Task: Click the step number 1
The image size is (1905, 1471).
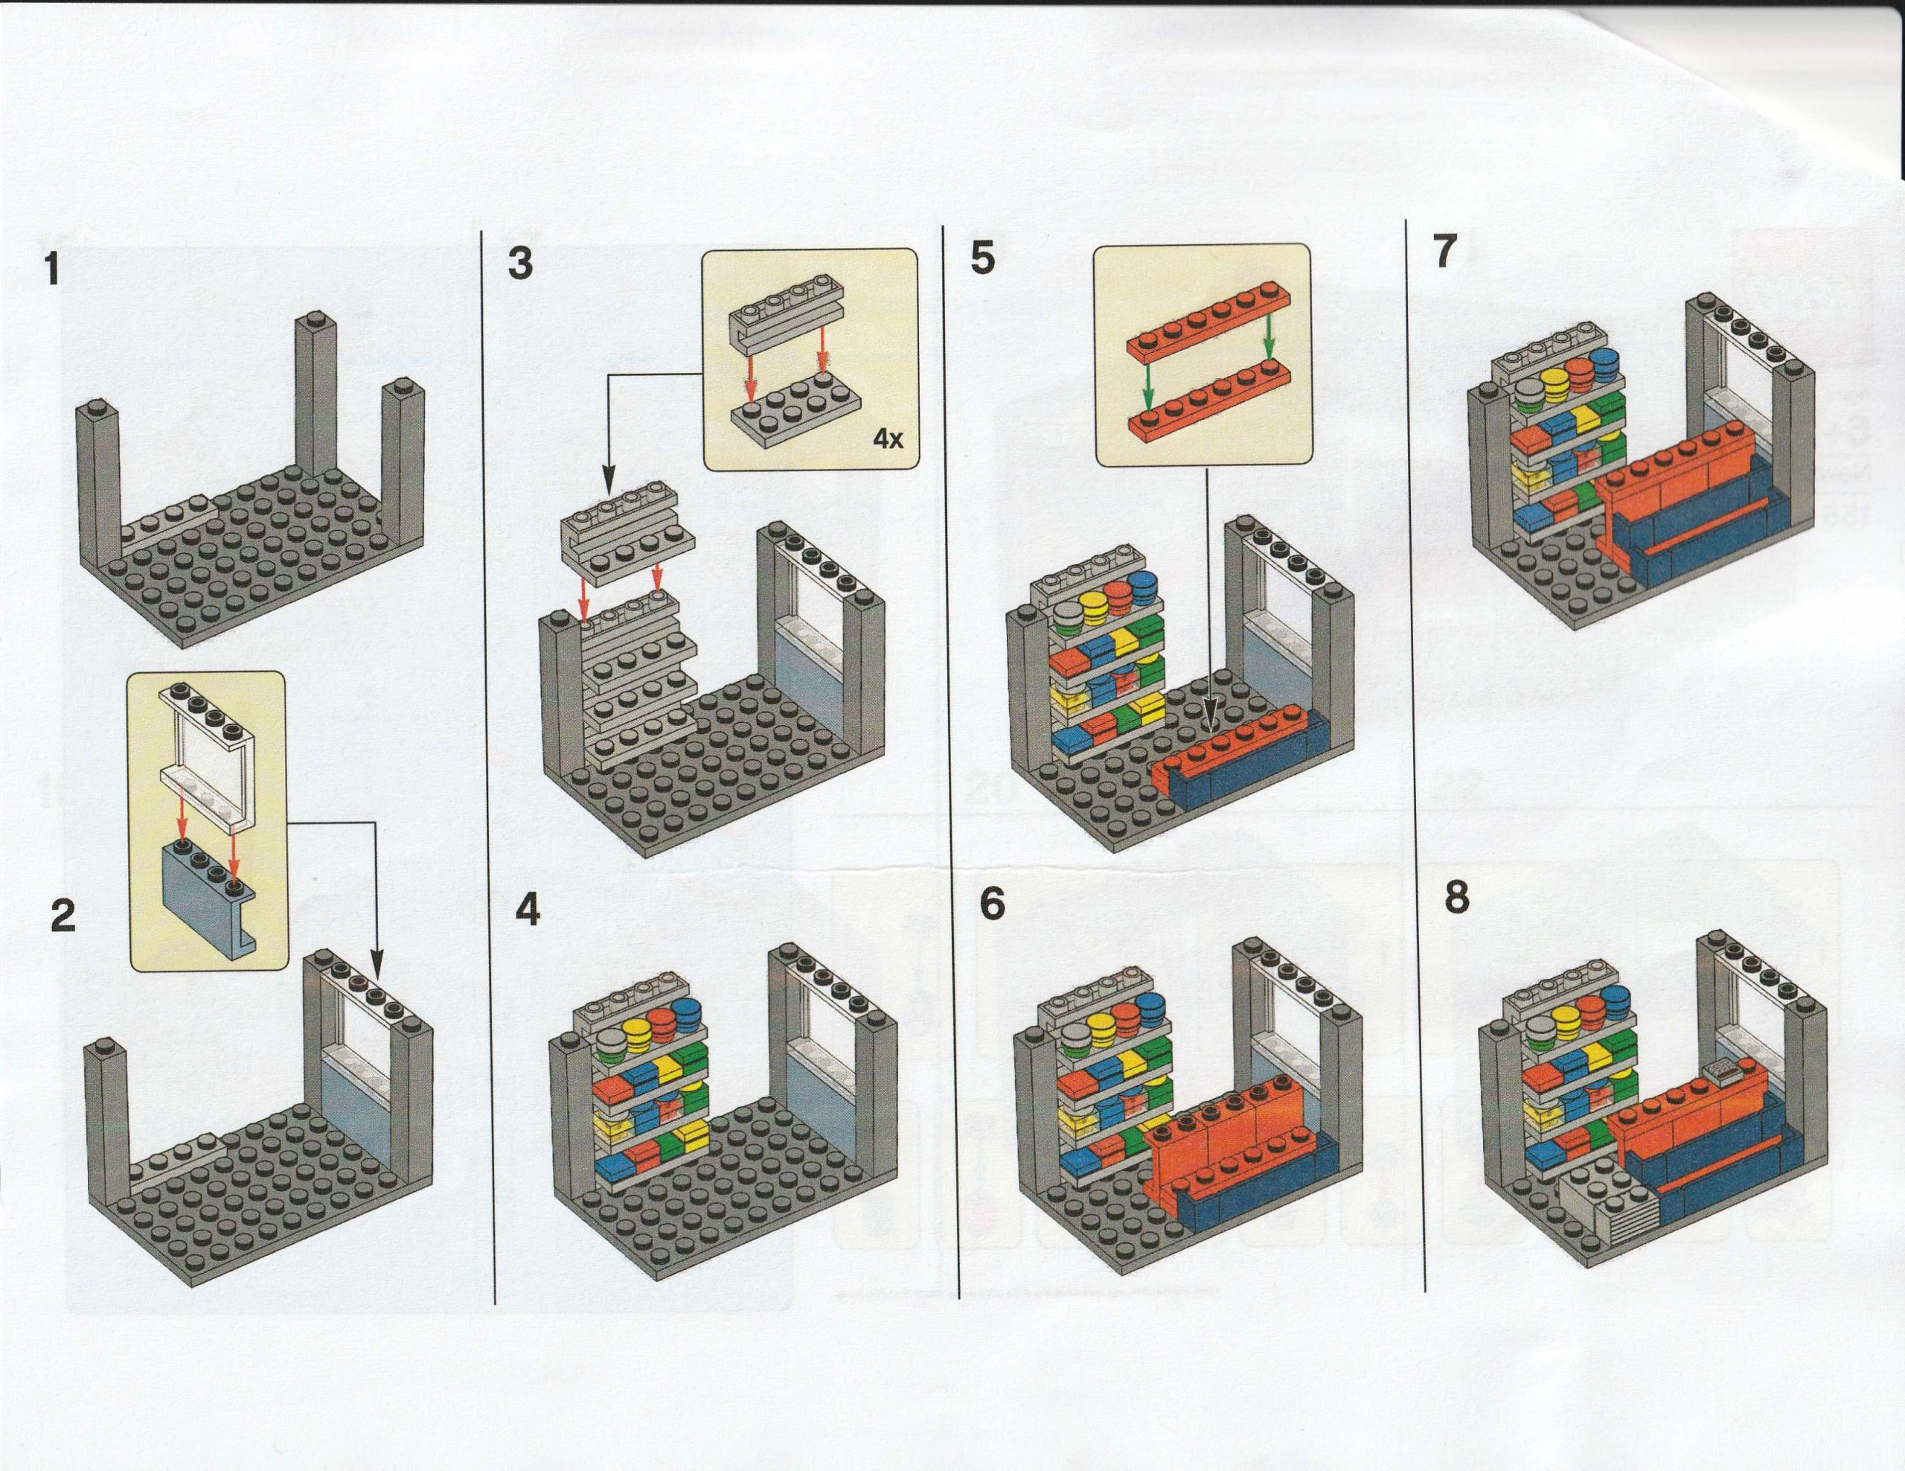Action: pyautogui.click(x=54, y=269)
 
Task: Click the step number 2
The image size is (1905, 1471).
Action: pyautogui.click(x=63, y=918)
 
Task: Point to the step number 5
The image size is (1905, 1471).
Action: pyautogui.click(x=982, y=259)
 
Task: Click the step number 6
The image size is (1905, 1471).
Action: pyautogui.click(x=992, y=904)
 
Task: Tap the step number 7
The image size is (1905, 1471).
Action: pyautogui.click(x=1444, y=252)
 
